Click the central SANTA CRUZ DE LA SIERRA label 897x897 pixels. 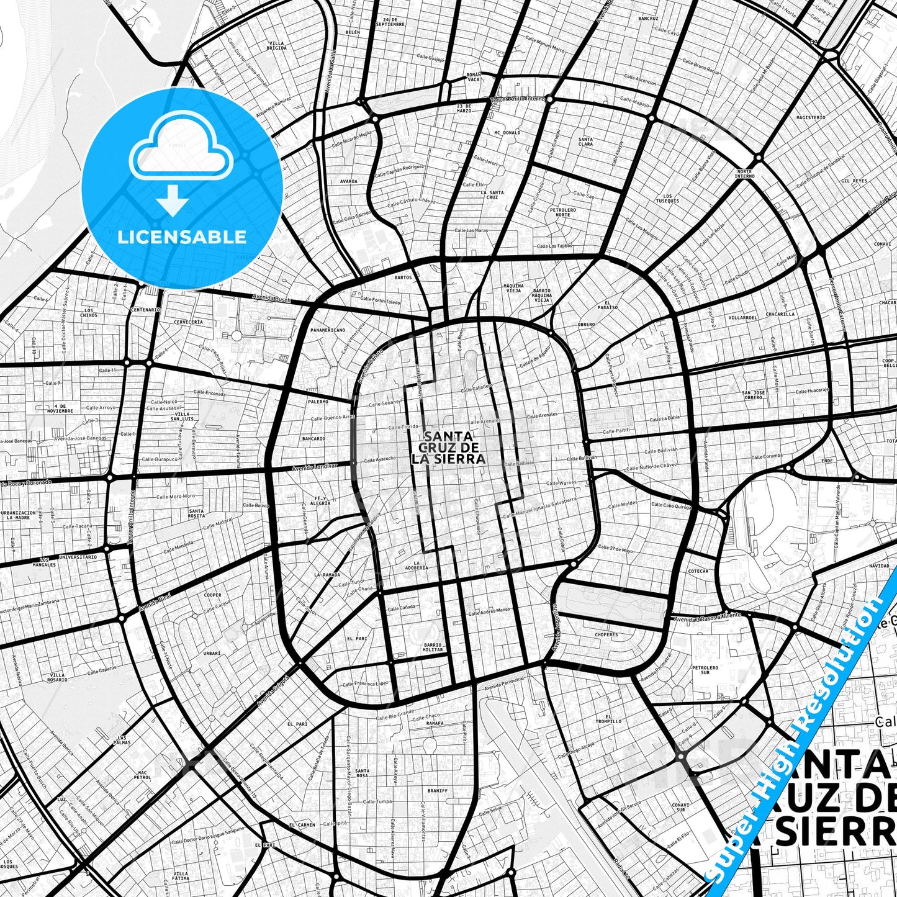[x=448, y=448]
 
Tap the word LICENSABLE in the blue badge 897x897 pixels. [x=182, y=237]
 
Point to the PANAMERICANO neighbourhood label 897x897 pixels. [x=327, y=330]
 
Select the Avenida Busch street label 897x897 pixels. [x=271, y=298]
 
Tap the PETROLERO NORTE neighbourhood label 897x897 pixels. [x=562, y=212]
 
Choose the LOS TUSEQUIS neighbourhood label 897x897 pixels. [x=667, y=199]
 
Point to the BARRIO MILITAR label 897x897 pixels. [x=433, y=647]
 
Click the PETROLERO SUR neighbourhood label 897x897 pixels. [x=705, y=670]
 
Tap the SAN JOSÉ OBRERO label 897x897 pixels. [x=754, y=395]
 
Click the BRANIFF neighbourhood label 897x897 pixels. [x=437, y=791]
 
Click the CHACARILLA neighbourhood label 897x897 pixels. [x=780, y=314]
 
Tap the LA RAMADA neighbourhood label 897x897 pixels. [x=327, y=575]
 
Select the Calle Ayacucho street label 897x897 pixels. [x=377, y=459]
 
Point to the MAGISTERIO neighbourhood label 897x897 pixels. [x=810, y=117]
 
